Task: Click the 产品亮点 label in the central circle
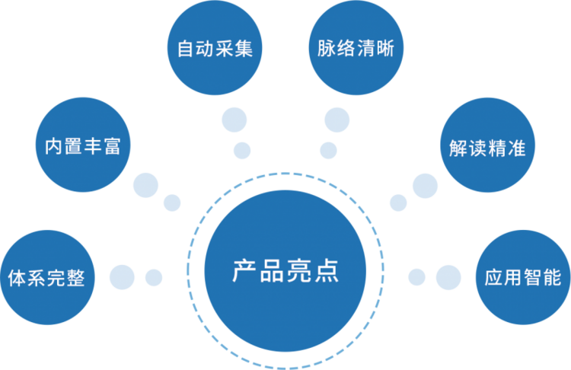click(285, 271)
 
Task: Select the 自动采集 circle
click(215, 48)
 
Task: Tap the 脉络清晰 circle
click(356, 48)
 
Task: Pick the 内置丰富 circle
click(83, 145)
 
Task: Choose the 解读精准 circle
click(487, 145)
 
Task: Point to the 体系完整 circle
click(47, 277)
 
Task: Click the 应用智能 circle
click(523, 277)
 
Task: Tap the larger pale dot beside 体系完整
click(122, 277)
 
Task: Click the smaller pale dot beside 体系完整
click(154, 277)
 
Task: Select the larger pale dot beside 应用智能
click(448, 277)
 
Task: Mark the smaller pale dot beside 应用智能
click(417, 277)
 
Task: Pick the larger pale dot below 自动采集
click(234, 120)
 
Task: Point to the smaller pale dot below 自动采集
click(242, 151)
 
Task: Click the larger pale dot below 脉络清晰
click(337, 120)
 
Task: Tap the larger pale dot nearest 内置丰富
click(145, 185)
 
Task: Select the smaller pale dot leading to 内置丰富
click(172, 203)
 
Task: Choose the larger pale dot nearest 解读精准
click(425, 186)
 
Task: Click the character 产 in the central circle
click(244, 271)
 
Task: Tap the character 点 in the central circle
click(327, 271)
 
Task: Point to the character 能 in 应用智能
click(552, 278)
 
